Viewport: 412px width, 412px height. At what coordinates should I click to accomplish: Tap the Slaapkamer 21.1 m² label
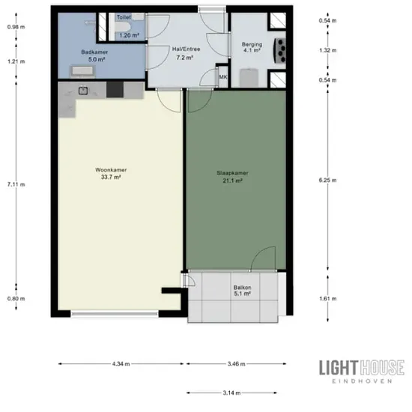(x=232, y=177)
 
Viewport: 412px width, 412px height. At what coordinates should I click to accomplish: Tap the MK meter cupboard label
(x=223, y=77)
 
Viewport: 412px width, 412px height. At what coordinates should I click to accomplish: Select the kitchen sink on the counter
(x=83, y=91)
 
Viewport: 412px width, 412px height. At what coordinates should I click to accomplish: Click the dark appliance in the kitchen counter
(x=115, y=89)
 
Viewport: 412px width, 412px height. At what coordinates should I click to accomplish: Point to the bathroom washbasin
(x=82, y=71)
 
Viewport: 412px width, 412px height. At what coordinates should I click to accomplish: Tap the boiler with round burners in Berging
(x=280, y=51)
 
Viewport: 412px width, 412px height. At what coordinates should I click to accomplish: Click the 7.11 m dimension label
(x=16, y=184)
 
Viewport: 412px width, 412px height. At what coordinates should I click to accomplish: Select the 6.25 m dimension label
(x=327, y=181)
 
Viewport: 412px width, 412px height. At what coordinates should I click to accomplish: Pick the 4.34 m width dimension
(x=121, y=364)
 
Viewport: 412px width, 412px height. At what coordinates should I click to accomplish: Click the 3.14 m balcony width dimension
(x=231, y=393)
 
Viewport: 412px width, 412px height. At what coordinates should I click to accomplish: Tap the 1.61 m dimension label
(x=328, y=299)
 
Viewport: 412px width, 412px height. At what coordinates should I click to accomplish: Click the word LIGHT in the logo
(x=339, y=368)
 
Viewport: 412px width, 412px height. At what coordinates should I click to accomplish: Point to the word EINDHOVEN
(x=362, y=381)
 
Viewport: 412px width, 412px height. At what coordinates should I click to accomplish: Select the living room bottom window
(x=115, y=314)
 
